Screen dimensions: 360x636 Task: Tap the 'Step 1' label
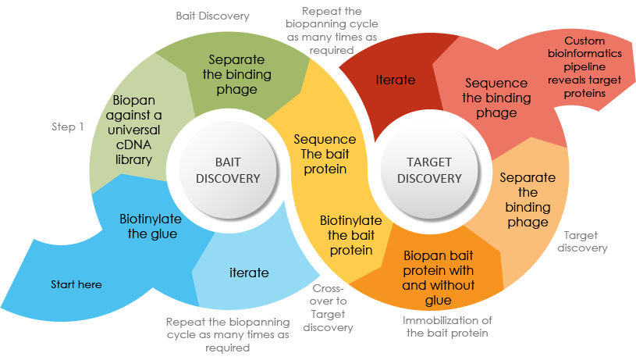coord(67,127)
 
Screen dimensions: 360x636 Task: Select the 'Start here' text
coord(76,285)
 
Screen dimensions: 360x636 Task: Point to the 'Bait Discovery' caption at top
coord(213,16)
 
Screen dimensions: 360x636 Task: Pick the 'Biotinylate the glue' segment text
coord(148,226)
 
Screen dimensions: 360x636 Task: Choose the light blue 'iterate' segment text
coord(249,273)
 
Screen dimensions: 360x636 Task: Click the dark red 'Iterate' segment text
coord(395,80)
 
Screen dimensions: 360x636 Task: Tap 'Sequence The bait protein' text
coord(324,154)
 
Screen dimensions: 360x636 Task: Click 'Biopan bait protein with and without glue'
coord(438,277)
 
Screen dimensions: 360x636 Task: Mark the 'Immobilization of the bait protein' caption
coord(447,326)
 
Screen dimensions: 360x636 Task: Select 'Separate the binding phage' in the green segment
coord(236,74)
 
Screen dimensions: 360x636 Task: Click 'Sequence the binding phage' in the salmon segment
coord(496,98)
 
